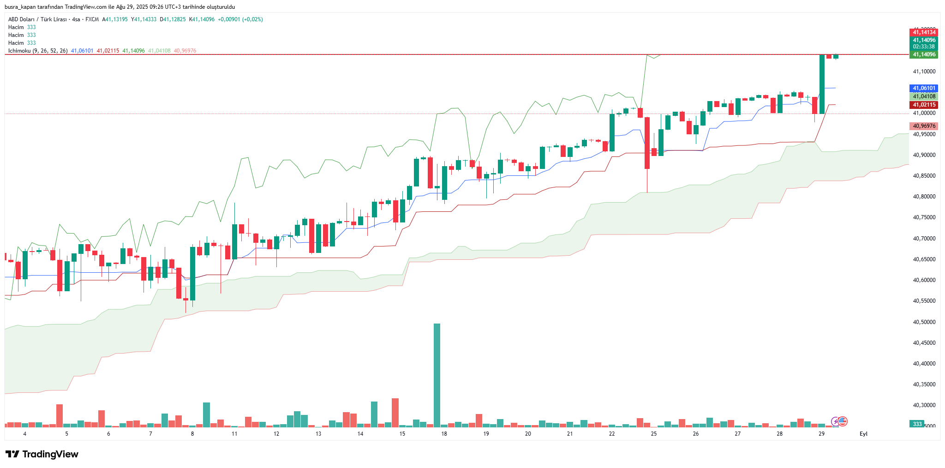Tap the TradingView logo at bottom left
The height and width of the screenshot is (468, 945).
click(x=42, y=454)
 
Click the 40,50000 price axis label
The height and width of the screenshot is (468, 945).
click(x=924, y=322)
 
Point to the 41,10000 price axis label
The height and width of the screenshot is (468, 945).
click(x=924, y=72)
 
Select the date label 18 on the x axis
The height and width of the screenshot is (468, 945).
click(x=444, y=434)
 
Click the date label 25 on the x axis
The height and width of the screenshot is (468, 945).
click(x=654, y=434)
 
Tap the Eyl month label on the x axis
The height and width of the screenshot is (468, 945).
click(x=863, y=434)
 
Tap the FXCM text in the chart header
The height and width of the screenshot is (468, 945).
click(x=92, y=19)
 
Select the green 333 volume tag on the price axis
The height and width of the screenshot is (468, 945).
click(x=917, y=424)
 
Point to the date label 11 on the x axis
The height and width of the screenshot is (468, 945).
click(x=234, y=434)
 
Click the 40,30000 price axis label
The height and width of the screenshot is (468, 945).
click(x=924, y=405)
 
